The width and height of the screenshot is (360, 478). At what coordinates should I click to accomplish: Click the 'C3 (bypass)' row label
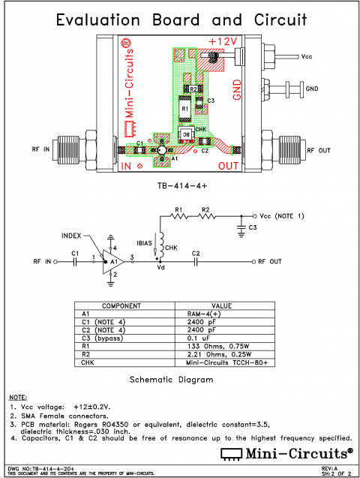(x=106, y=338)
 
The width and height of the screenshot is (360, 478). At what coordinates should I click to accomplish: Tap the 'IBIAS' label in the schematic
(x=145, y=244)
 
